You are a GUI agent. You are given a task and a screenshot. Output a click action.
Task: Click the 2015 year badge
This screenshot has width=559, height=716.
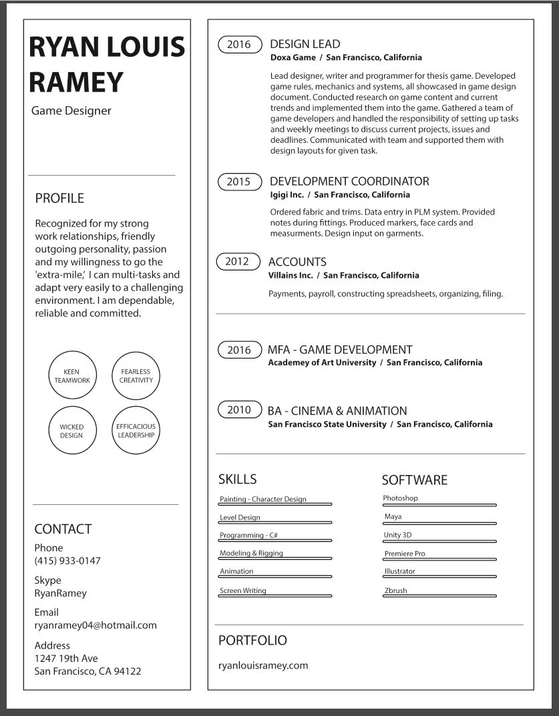238,182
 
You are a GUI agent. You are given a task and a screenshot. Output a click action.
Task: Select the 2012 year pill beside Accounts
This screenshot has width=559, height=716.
237,262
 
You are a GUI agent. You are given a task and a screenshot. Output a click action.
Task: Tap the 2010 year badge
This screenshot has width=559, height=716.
239,410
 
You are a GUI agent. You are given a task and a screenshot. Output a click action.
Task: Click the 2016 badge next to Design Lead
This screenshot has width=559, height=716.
239,45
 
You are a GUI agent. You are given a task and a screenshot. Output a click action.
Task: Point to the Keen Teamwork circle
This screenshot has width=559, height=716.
72,376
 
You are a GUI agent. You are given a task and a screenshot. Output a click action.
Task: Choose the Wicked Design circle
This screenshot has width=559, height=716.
72,431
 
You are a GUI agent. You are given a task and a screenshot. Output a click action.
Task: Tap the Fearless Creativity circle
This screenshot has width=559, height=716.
136,376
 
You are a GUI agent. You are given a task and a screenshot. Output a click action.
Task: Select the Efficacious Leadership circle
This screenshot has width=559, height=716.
136,431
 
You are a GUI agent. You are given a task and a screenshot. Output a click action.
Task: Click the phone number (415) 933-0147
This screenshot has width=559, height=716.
67,560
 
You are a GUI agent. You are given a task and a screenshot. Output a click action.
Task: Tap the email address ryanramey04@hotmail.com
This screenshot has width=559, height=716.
96,625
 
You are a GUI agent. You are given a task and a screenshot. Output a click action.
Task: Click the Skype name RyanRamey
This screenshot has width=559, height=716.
60,593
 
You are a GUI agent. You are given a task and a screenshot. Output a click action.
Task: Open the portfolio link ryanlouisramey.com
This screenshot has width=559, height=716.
263,665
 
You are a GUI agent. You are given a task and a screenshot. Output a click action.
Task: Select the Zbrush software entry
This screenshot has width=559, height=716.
395,590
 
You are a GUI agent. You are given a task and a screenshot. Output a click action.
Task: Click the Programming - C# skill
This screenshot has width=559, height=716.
248,535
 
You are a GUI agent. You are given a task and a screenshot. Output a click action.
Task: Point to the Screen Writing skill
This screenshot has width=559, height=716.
243,590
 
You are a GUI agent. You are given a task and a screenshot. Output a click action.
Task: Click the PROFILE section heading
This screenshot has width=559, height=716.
59,198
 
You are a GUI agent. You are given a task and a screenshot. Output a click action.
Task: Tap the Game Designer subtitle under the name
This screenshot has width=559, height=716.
71,111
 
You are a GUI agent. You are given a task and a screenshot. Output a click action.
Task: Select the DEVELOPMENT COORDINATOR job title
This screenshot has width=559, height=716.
349,181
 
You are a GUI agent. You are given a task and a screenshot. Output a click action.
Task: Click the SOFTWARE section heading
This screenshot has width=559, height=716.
415,480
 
